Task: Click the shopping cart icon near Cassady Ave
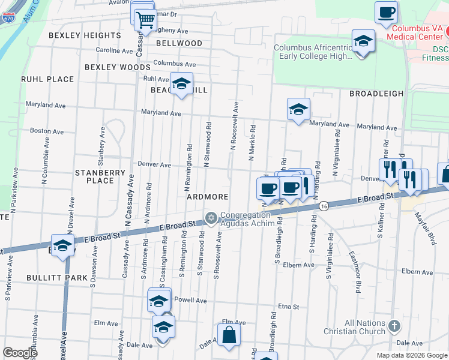click(145, 20)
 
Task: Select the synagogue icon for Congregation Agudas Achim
click(211, 217)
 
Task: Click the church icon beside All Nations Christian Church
click(394, 326)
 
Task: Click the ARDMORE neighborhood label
click(207, 197)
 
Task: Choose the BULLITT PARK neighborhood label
click(49, 278)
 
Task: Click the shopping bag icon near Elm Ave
click(229, 336)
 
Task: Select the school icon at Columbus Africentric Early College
click(362, 41)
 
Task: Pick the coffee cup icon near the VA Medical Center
click(386, 12)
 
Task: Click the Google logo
click(20, 353)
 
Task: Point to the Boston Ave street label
click(47, 131)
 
